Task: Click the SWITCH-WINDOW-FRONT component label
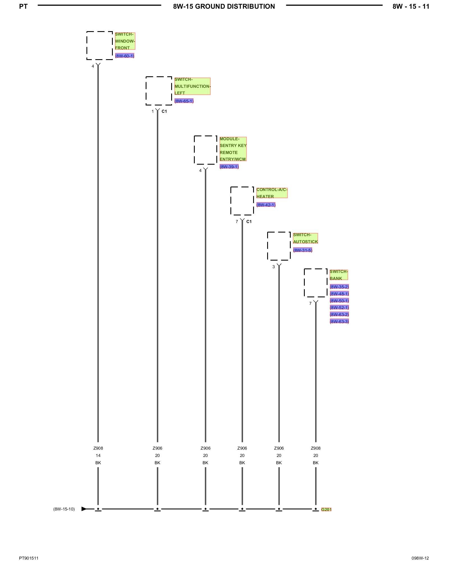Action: pyautogui.click(x=125, y=41)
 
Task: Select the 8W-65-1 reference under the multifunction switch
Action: pyautogui.click(x=184, y=101)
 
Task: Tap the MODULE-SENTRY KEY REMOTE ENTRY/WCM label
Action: pyautogui.click(x=233, y=149)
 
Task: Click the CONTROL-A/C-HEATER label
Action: pyautogui.click(x=272, y=193)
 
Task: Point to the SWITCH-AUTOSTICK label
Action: pyautogui.click(x=305, y=238)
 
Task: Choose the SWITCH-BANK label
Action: pyautogui.click(x=339, y=275)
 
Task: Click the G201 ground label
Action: pyautogui.click(x=326, y=509)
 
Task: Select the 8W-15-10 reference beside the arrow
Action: pyautogui.click(x=64, y=509)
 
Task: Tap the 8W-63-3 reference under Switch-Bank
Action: pyautogui.click(x=339, y=321)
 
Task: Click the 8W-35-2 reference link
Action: pyautogui.click(x=339, y=287)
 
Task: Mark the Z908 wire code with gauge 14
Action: pyautogui.click(x=98, y=448)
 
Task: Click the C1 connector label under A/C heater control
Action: pyautogui.click(x=249, y=222)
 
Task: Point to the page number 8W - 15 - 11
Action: pyautogui.click(x=411, y=6)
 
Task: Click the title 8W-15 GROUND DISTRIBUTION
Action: pyautogui.click(x=224, y=6)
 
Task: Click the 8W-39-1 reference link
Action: pyautogui.click(x=229, y=167)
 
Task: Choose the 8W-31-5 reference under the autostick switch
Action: pyautogui.click(x=303, y=250)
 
